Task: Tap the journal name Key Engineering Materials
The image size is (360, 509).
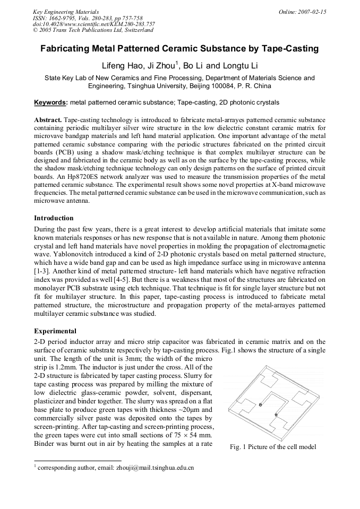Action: tap(62, 11)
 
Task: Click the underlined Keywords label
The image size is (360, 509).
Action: tap(50, 102)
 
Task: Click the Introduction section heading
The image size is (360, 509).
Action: tap(54, 218)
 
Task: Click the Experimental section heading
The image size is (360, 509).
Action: tap(55, 331)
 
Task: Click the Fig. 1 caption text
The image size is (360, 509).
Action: tap(273, 447)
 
